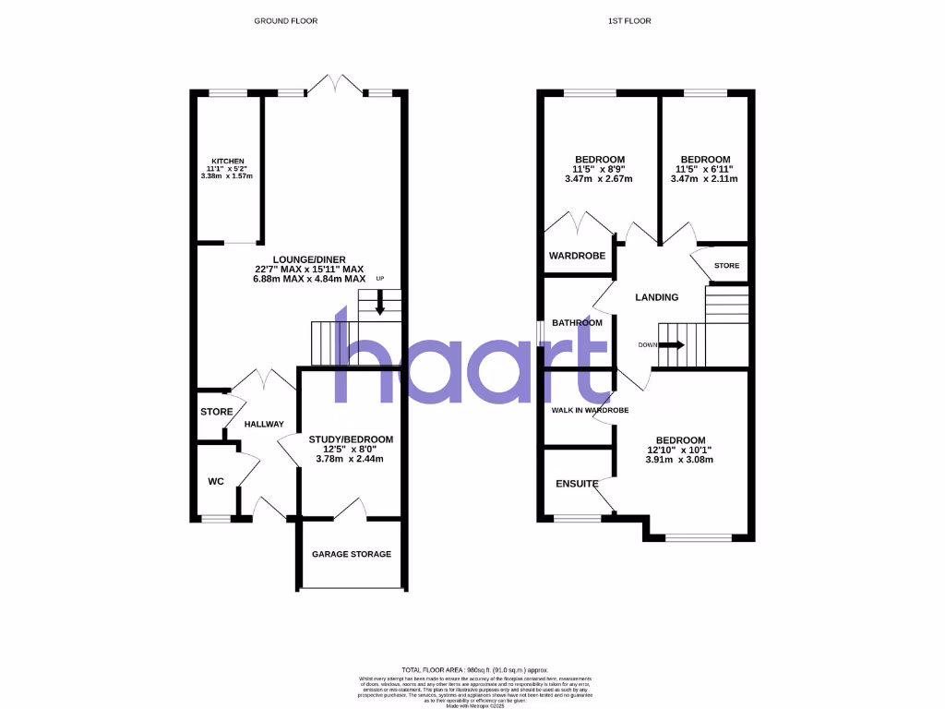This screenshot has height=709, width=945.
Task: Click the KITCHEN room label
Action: [226, 162]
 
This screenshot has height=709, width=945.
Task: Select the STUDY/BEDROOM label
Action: [351, 439]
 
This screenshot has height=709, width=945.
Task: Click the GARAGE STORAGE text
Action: [351, 554]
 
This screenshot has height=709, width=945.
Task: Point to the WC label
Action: [214, 480]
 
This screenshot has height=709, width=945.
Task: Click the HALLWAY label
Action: [264, 424]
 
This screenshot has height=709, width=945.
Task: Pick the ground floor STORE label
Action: [216, 412]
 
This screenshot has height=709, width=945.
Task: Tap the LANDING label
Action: [657, 297]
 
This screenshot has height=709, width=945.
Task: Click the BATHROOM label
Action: [577, 323]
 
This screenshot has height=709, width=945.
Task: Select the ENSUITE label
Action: [577, 484]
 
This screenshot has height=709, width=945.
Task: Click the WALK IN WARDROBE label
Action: [590, 410]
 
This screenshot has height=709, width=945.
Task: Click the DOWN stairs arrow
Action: [674, 345]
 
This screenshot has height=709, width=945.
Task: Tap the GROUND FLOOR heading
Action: [286, 20]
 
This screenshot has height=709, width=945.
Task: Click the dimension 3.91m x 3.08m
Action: [680, 461]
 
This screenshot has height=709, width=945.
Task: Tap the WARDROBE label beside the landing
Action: [577, 256]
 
